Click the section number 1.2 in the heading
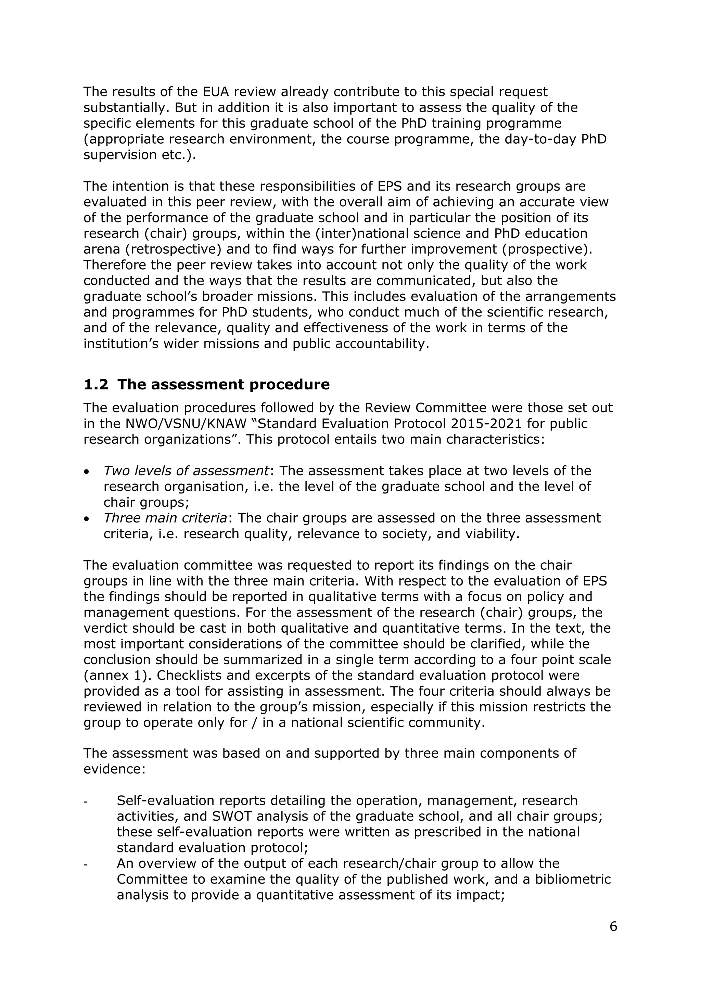click(96, 385)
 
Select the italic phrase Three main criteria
click(165, 518)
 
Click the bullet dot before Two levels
click(86, 472)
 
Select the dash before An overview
click(86, 864)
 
